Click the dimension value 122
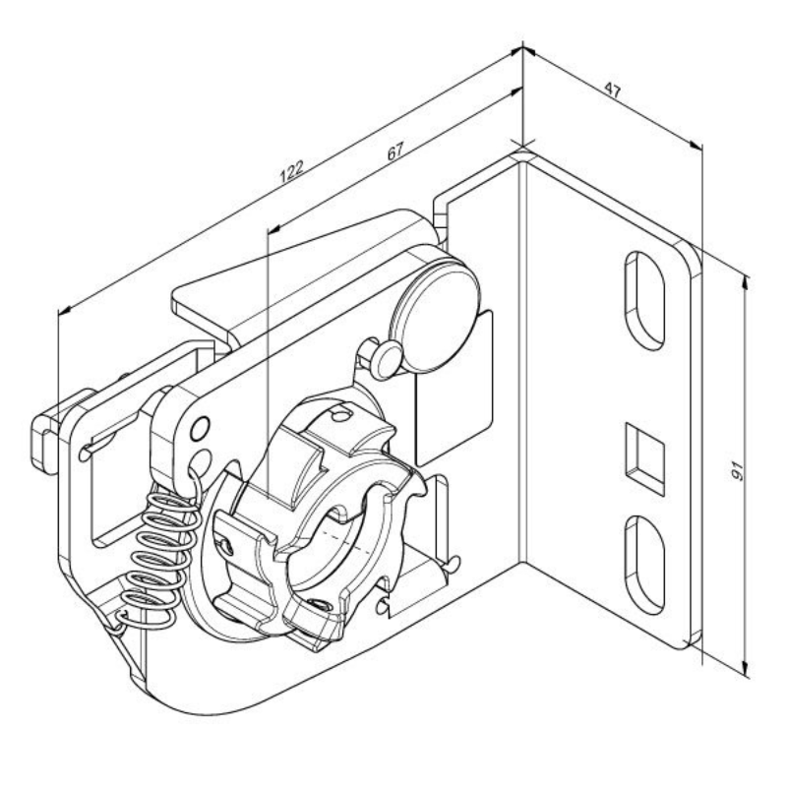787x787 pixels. [291, 170]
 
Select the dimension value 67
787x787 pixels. [395, 151]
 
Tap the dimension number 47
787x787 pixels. [612, 91]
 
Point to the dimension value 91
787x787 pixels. [736, 472]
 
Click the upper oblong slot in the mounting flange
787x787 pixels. [644, 300]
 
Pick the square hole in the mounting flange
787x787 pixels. [645, 458]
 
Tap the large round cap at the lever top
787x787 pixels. [435, 315]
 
